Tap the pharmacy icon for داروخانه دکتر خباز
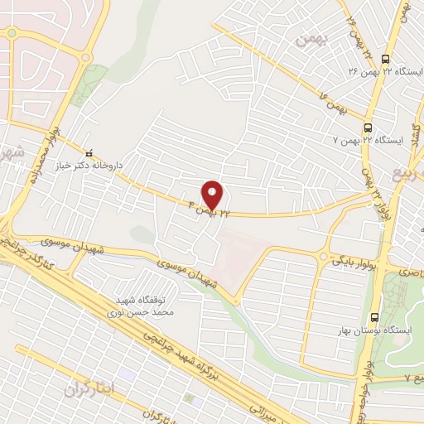(90, 152)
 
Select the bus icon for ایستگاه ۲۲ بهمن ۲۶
(385, 59)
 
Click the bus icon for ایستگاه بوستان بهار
(374, 316)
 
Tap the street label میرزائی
(266, 406)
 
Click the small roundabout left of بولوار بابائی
(322, 257)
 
